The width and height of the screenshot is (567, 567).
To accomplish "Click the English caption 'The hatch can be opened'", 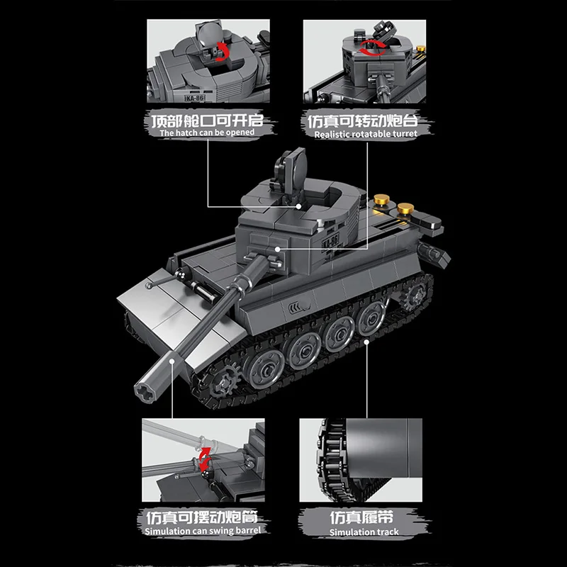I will tap(206, 133).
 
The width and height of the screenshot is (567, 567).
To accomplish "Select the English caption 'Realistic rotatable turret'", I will tap(366, 133).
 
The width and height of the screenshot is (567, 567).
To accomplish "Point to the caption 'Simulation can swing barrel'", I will tap(203, 531).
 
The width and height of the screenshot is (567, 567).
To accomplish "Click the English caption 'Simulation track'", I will tap(364, 532).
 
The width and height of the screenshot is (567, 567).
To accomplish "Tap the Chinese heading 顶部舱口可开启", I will tap(206, 118).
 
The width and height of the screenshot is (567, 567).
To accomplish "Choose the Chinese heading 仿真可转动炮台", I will tap(366, 118).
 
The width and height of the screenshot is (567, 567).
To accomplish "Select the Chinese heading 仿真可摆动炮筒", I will tap(203, 516).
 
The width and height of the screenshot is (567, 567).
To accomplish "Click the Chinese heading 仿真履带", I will tap(364, 516).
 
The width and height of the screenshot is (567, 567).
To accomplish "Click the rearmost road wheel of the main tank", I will tap(368, 318).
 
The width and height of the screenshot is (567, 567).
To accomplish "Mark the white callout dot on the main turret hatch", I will tap(300, 206).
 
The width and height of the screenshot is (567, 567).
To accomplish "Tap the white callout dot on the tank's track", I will tap(366, 341).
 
